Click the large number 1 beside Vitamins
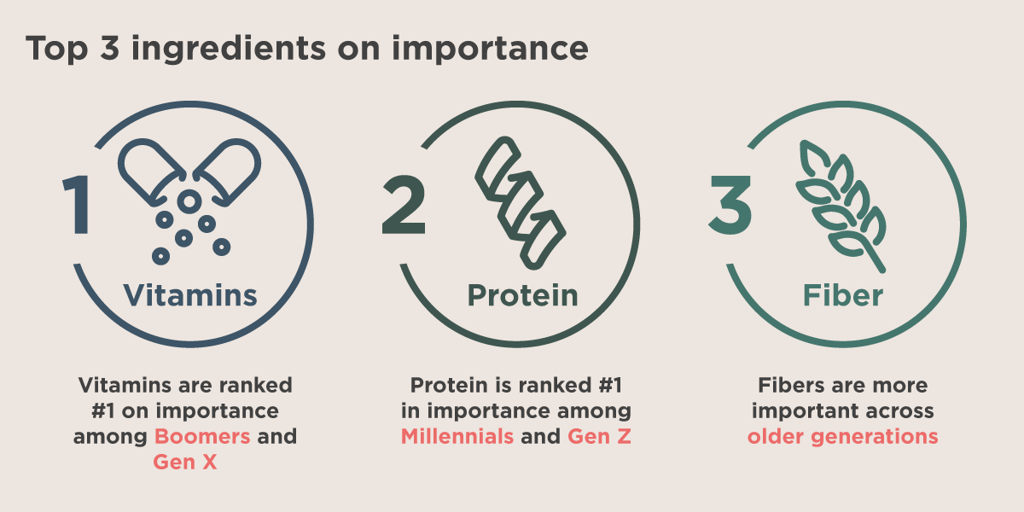[x=78, y=205]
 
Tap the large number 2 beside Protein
[x=404, y=205]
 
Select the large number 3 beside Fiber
[x=730, y=205]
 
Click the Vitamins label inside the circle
[x=190, y=295]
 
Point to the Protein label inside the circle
[x=523, y=295]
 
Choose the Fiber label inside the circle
[x=843, y=295]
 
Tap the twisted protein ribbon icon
[x=521, y=202]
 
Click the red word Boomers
[x=202, y=437]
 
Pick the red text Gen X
[x=184, y=463]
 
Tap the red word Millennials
[x=457, y=437]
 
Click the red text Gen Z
[x=599, y=437]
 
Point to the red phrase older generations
[x=842, y=437]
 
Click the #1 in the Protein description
[x=610, y=386]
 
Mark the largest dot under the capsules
[x=189, y=201]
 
